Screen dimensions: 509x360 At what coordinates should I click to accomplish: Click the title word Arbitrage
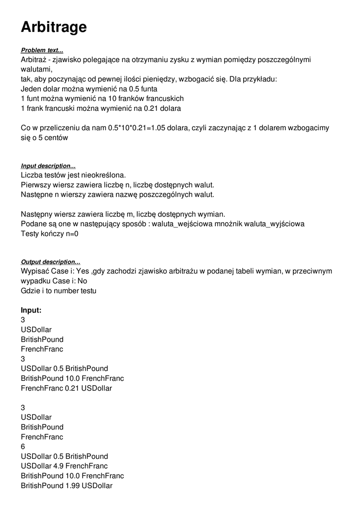click(x=54, y=27)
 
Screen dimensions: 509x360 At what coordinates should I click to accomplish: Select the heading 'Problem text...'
click(x=42, y=51)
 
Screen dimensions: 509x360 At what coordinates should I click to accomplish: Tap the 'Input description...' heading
click(x=48, y=166)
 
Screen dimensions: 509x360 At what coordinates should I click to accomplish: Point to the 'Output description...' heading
click(x=50, y=262)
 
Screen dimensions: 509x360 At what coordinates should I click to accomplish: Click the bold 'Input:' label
click(x=31, y=310)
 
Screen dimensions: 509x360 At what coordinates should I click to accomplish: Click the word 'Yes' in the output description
click(x=69, y=271)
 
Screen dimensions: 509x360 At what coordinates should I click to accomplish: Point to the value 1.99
click(x=73, y=486)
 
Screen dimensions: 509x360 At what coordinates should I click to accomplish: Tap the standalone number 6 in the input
click(x=23, y=447)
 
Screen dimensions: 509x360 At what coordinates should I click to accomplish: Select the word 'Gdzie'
click(x=31, y=291)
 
